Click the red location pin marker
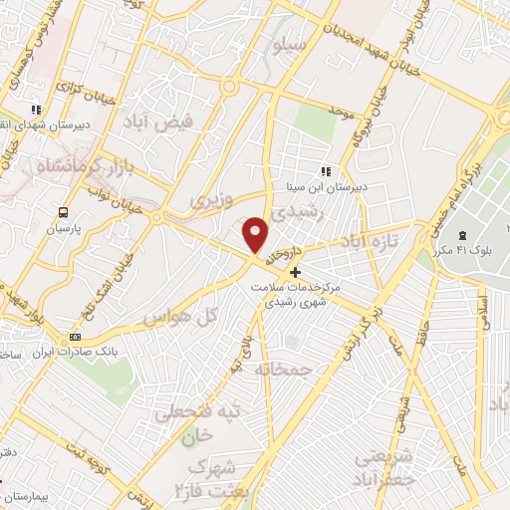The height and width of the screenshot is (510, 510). pos(257,235)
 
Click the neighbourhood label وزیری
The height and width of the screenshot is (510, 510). pos(213,201)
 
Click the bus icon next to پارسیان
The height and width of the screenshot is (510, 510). pos(64,212)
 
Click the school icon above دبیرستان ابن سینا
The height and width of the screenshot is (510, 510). pos(326,170)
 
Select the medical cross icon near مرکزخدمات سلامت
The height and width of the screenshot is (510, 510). pos(294,271)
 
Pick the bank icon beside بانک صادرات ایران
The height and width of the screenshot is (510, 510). pos(75,338)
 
